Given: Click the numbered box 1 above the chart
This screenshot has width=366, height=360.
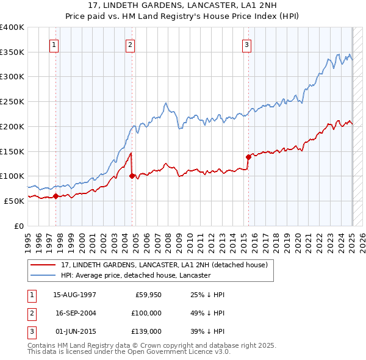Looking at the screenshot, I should tap(54, 44).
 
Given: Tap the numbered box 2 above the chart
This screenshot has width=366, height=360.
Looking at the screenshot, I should tap(131, 44).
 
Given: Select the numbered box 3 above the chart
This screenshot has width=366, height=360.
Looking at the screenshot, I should tap(246, 44).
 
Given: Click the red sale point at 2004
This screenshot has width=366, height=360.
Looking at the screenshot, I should tap(132, 176).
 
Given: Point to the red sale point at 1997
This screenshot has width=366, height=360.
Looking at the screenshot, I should tap(56, 196).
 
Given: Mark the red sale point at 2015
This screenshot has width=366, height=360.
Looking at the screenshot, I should tap(248, 157).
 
